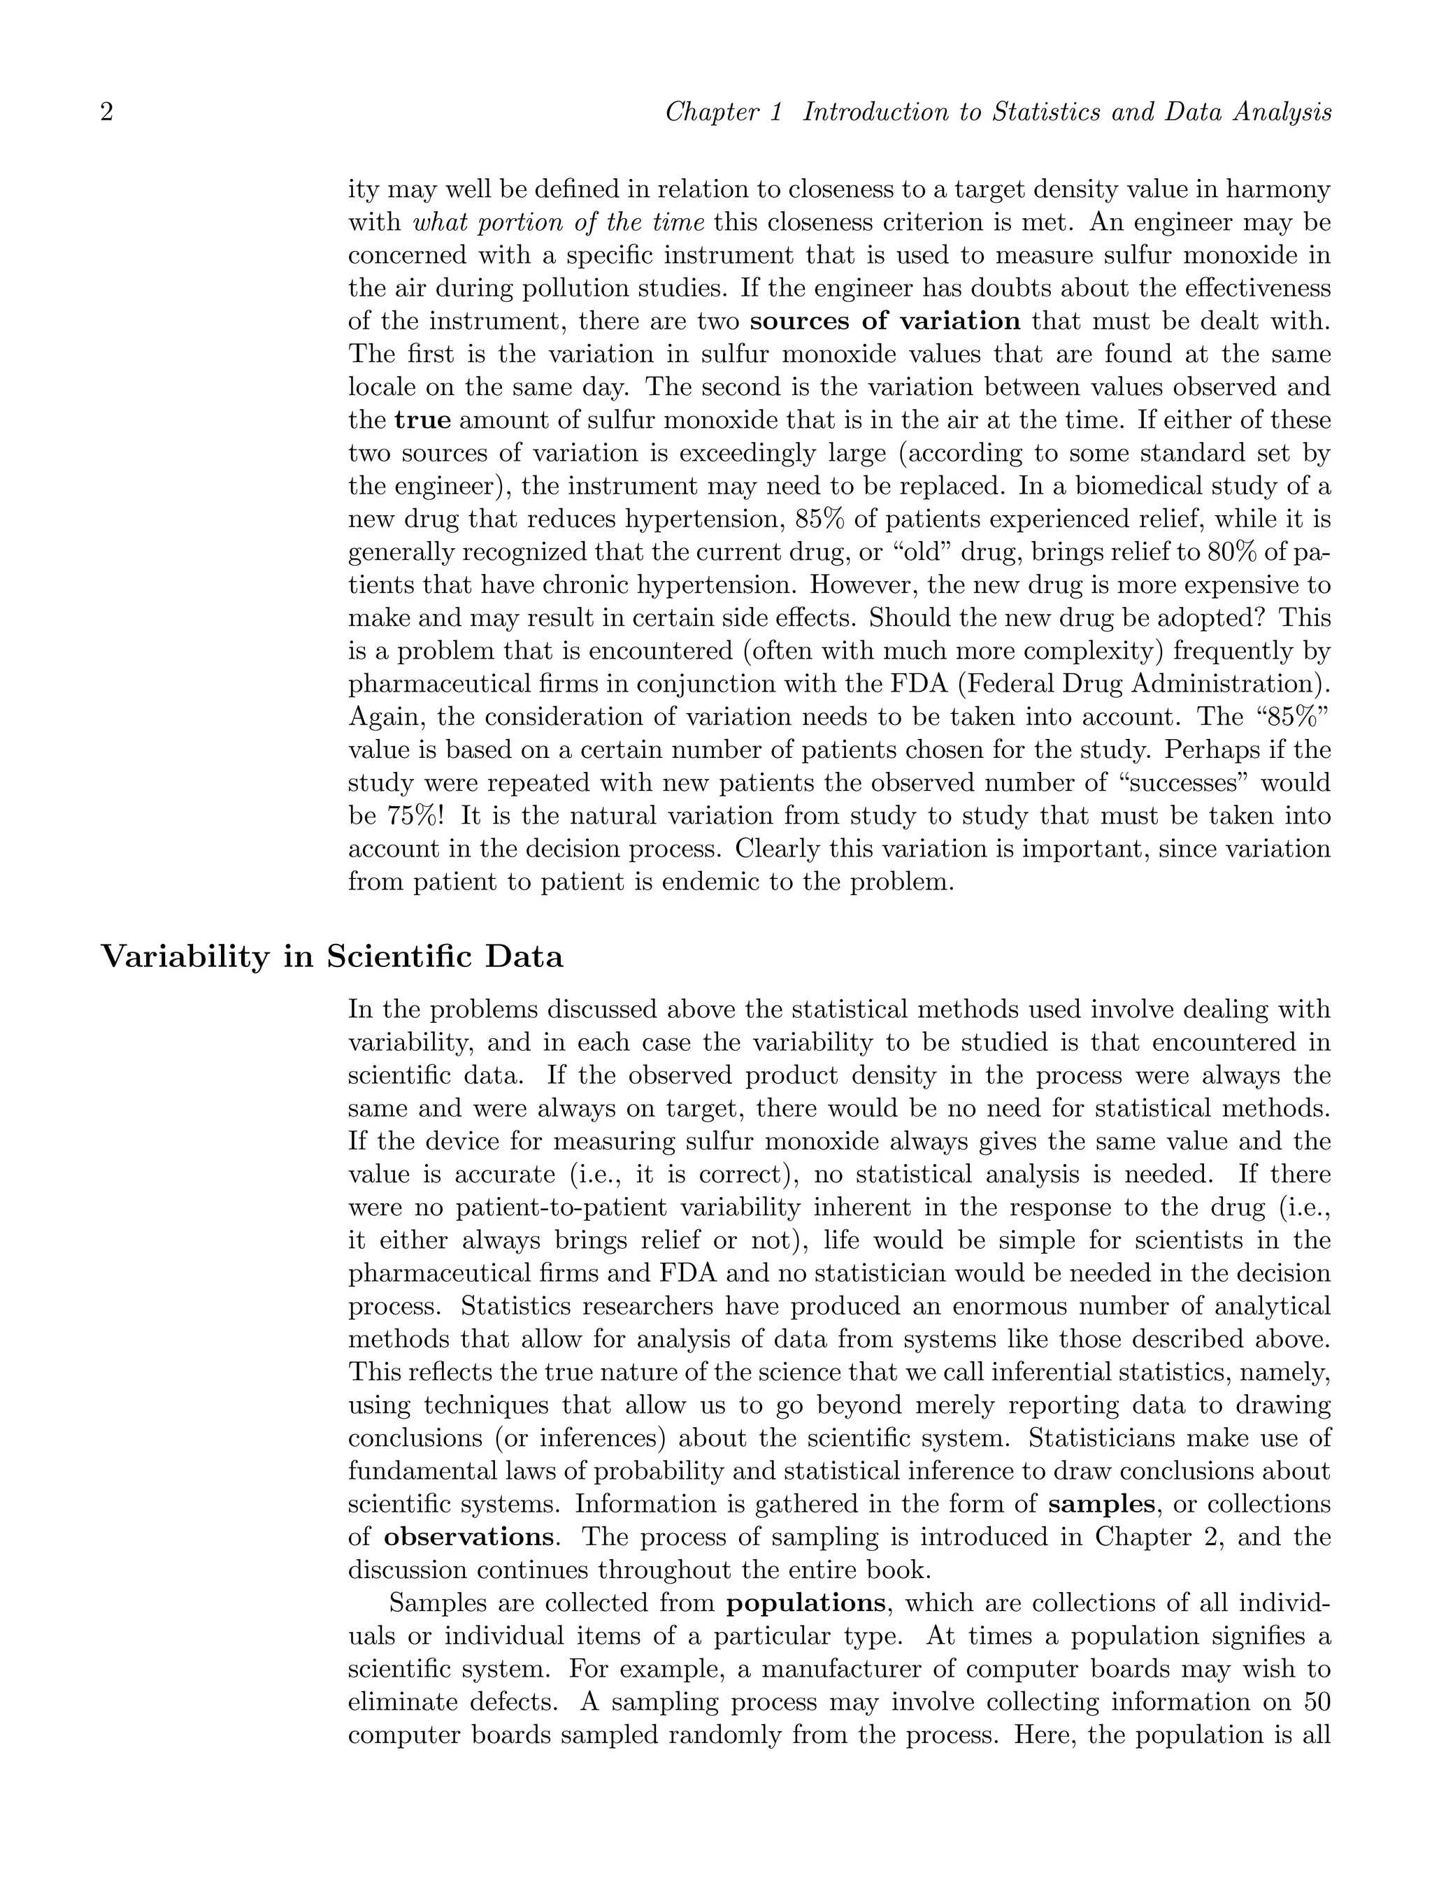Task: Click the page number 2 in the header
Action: (107, 113)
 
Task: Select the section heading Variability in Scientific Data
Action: (333, 956)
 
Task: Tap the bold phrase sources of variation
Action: (885, 322)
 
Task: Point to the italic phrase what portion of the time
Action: (559, 223)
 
